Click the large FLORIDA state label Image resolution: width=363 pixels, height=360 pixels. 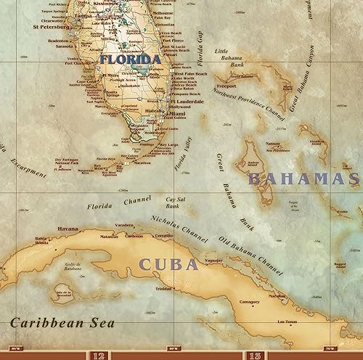click(130, 60)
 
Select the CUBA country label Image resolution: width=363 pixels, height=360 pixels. click(168, 264)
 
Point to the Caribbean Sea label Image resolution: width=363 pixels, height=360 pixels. click(55, 321)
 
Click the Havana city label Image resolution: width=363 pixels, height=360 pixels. click(68, 229)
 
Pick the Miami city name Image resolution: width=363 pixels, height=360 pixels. click(179, 114)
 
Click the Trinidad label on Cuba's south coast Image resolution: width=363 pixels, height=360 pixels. click(163, 289)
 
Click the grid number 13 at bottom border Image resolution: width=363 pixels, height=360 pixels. click(256, 355)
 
